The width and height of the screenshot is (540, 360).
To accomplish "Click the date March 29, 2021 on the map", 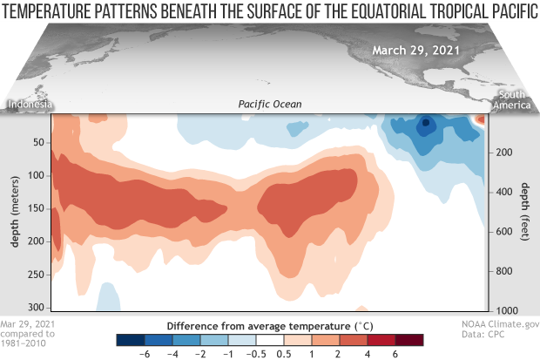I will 417,49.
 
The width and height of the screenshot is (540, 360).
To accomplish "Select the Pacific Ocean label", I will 269,105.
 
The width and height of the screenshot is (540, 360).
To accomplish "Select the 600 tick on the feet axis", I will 507,232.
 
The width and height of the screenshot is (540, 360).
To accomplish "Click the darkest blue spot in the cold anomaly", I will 425,124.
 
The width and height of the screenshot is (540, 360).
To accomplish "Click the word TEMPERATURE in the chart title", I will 53,10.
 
